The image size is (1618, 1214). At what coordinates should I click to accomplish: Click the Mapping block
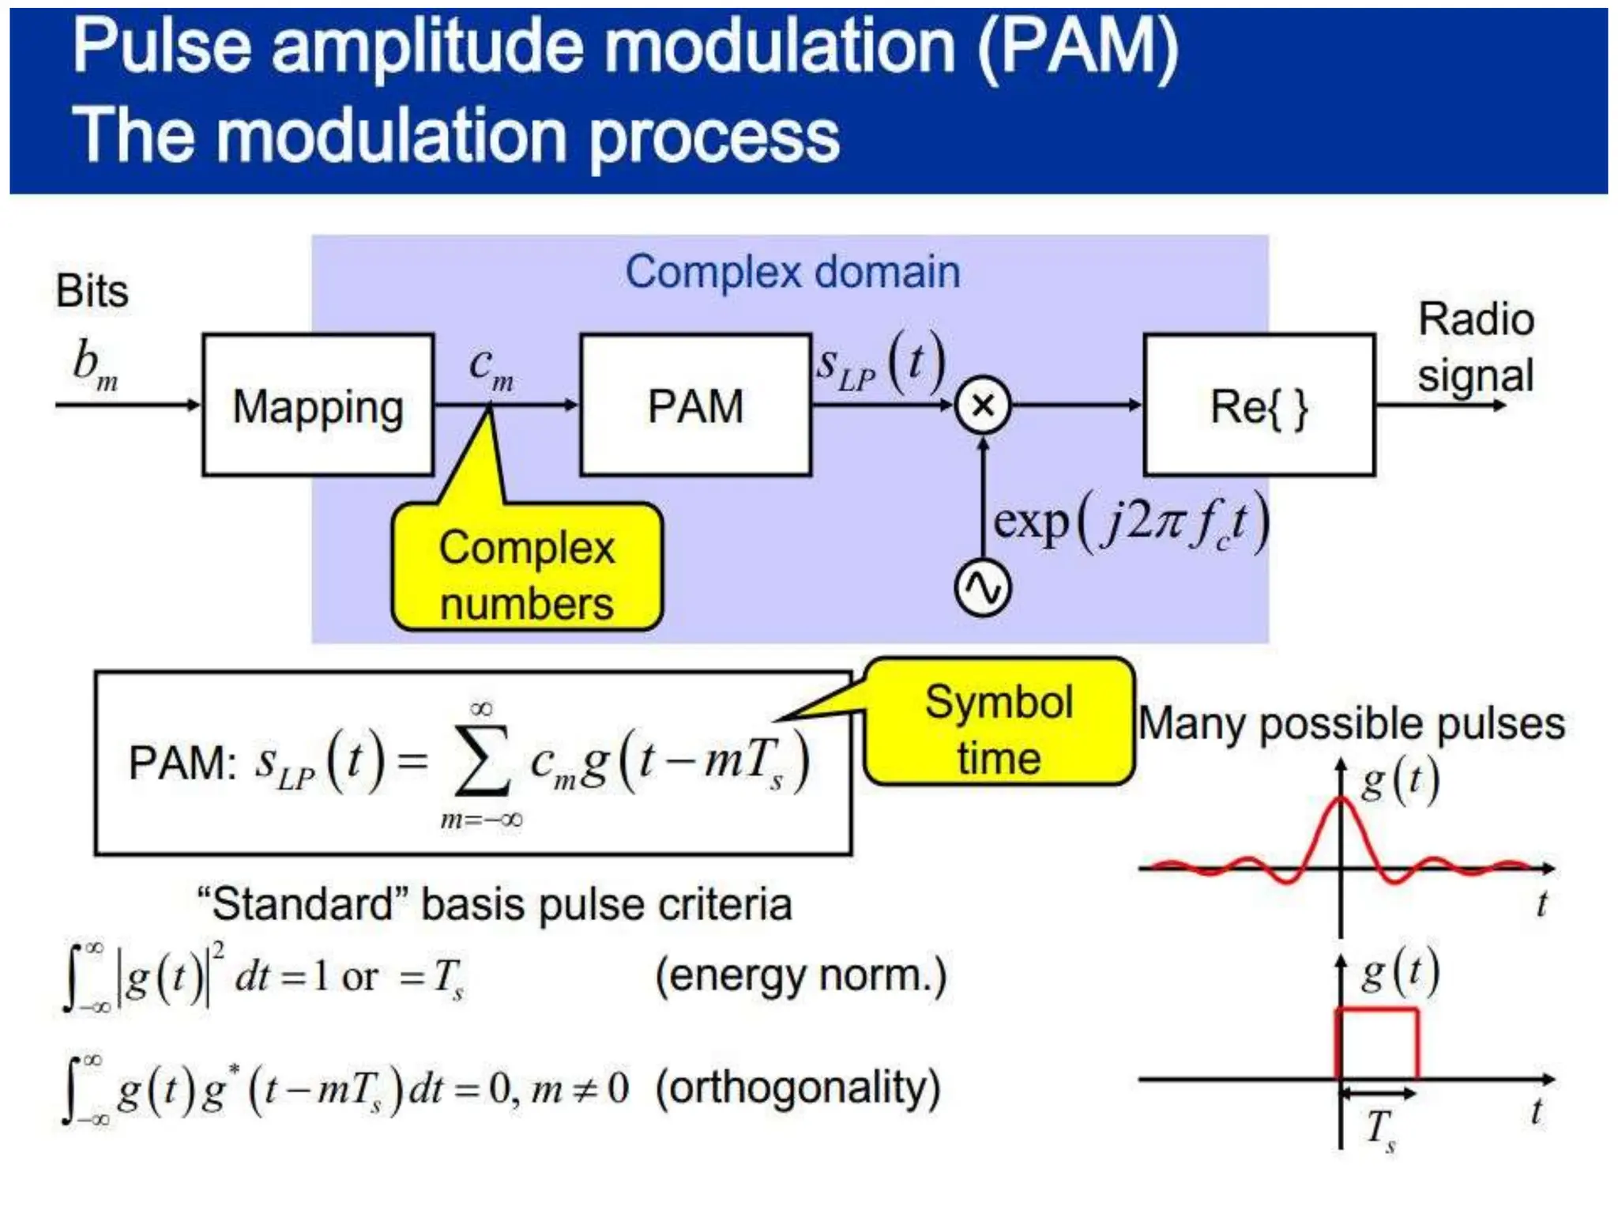(318, 405)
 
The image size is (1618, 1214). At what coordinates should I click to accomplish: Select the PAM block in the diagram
(695, 405)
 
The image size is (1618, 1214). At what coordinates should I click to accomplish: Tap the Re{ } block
(1259, 405)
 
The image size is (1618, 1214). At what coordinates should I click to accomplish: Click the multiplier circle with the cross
(983, 405)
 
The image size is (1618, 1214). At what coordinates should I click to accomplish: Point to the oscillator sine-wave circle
(983, 589)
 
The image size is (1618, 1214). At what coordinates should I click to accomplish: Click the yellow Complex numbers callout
(527, 575)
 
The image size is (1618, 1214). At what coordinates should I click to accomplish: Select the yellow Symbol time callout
(999, 729)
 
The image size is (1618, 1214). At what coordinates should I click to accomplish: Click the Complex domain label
(792, 272)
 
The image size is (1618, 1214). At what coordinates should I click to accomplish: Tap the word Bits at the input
(92, 291)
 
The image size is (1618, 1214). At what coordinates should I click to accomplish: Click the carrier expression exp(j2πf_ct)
(1130, 523)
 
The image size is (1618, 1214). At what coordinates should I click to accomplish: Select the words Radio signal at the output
(1475, 348)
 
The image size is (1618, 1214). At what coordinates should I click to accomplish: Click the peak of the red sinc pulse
(1341, 801)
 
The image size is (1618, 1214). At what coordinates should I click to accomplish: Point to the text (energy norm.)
(800, 975)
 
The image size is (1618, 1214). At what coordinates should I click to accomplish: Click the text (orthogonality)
(798, 1088)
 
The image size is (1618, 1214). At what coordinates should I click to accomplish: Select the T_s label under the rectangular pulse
(1380, 1129)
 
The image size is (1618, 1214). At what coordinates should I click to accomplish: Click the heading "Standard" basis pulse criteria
(495, 904)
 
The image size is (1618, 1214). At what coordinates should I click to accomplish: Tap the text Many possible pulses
(1351, 723)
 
